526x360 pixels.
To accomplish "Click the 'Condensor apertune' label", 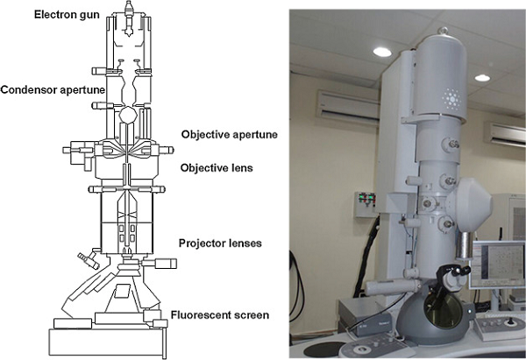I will (53, 89).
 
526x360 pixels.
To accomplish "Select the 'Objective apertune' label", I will (229, 134).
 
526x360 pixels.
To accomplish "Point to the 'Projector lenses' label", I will (220, 244).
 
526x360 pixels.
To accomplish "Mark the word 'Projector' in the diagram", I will (200, 244).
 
